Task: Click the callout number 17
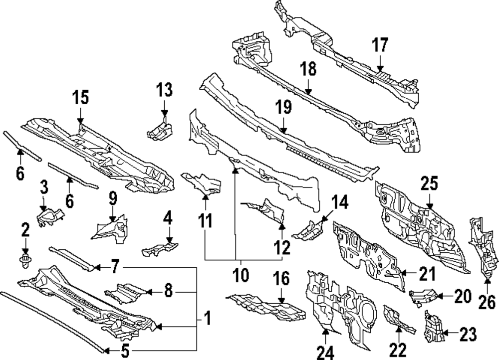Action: tap(380, 46)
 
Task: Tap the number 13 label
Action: tap(164, 90)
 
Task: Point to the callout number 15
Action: tap(81, 97)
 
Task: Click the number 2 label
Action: tap(25, 230)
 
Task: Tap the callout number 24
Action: tap(325, 353)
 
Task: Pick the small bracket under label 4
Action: tap(159, 247)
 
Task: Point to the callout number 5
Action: tap(125, 352)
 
